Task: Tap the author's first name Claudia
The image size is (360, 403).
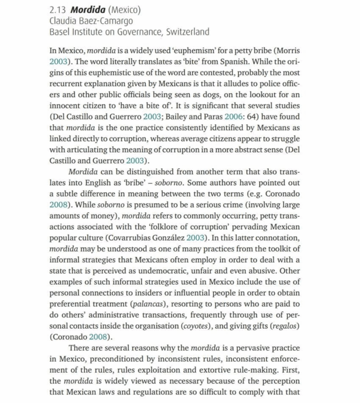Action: (65, 21)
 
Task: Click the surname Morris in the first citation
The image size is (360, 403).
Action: (289, 51)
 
